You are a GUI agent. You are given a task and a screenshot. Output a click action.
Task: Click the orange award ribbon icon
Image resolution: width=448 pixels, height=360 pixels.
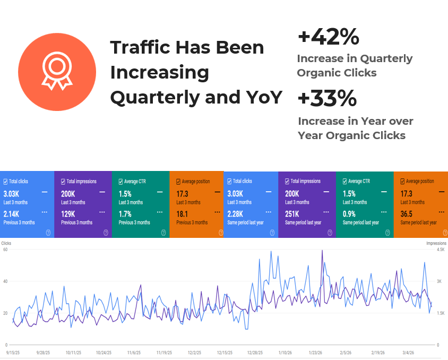(57, 72)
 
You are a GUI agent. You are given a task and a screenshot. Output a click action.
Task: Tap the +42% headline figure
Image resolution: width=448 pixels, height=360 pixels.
(328, 37)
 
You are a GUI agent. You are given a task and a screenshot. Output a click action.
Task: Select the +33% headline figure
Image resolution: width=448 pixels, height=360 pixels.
(327, 98)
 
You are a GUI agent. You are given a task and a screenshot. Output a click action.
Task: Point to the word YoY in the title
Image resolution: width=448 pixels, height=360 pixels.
(264, 97)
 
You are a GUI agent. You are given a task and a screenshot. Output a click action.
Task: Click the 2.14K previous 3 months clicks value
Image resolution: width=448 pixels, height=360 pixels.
(11, 214)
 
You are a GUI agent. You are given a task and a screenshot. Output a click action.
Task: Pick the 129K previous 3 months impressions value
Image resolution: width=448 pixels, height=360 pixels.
(68, 214)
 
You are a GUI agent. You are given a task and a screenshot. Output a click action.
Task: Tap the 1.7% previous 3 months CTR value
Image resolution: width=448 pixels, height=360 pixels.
(125, 214)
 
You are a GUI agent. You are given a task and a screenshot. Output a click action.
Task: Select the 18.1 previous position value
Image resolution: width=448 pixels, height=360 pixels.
(182, 214)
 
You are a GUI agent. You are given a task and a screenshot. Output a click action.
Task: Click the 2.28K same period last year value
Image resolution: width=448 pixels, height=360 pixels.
(235, 214)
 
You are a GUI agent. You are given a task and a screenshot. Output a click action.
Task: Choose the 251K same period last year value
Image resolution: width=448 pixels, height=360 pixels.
(292, 214)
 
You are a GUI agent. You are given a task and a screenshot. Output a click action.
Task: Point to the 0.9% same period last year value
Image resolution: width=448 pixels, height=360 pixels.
(349, 214)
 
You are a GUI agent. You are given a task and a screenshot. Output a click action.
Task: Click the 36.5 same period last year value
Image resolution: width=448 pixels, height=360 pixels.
(406, 214)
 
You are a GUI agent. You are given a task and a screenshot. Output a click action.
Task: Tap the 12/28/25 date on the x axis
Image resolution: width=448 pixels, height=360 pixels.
(255, 353)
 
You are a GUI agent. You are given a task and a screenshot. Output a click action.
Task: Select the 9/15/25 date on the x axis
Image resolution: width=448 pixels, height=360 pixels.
(13, 353)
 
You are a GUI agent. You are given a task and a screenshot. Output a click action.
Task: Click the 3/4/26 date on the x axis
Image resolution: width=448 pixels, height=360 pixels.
(408, 353)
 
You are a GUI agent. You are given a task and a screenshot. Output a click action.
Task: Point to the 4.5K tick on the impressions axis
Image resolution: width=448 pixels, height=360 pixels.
(441, 250)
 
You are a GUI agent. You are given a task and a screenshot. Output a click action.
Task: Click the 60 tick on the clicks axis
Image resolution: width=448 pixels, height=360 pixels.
(5, 250)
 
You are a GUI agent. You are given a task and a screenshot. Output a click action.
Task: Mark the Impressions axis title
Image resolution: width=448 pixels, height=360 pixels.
(436, 243)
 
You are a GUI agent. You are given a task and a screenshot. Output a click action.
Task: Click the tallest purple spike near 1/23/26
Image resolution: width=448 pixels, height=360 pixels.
(322, 251)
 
